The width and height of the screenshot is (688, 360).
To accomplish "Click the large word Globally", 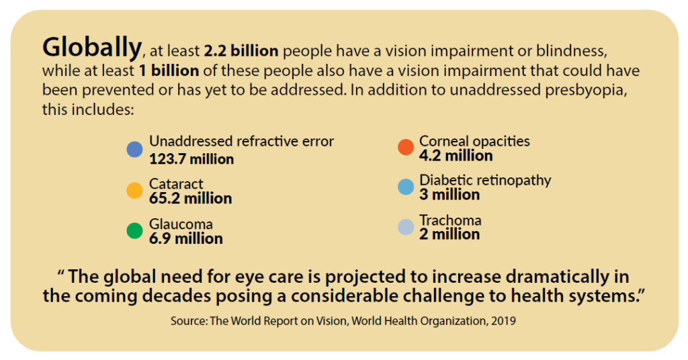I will [x=92, y=47].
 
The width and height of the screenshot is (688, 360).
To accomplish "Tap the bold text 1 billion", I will [x=167, y=71].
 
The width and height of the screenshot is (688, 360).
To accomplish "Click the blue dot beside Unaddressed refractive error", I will [x=134, y=150].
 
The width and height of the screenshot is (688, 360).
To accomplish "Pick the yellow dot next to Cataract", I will [x=134, y=191].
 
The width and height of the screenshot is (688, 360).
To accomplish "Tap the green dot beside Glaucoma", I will [x=134, y=231].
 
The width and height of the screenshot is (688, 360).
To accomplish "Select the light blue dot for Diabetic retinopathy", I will [x=405, y=187].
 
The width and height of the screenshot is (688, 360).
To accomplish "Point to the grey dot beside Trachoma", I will [x=405, y=227].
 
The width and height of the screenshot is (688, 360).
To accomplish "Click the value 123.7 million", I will [x=191, y=159].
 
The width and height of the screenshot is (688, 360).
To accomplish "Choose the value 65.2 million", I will [x=190, y=199].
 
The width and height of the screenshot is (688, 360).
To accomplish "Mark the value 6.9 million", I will [x=185, y=238].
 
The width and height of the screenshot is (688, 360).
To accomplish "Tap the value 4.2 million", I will [x=456, y=156].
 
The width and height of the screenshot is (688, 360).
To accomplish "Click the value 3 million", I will [x=449, y=195].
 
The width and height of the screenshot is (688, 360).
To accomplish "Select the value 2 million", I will [x=449, y=234].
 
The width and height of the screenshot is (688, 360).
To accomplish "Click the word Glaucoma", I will [x=181, y=224].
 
